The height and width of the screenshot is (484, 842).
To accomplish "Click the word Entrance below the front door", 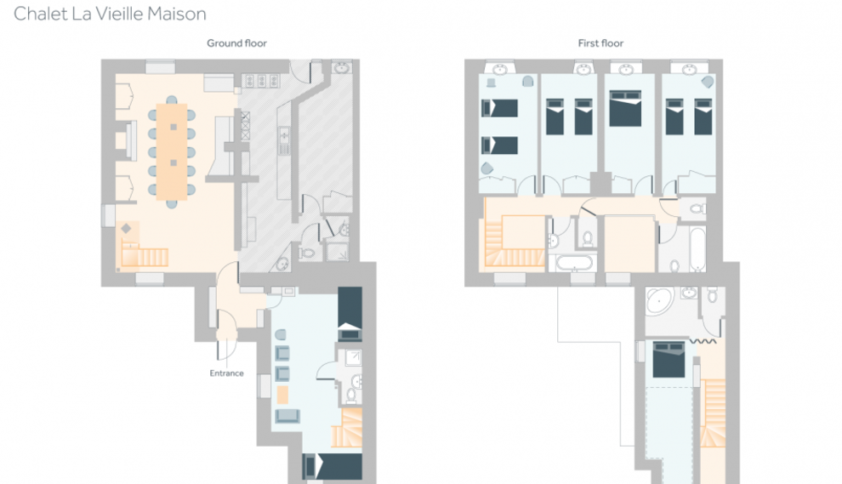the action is coord(226,373).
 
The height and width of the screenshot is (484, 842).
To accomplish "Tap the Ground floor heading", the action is coord(236,43).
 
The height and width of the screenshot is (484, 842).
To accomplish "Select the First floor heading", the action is coord(601,43).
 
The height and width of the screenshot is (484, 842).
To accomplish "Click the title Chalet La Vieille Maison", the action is coord(110,14).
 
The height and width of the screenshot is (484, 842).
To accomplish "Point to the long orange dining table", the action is coord(172,152).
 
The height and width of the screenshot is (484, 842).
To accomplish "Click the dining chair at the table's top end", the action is coord(172,100).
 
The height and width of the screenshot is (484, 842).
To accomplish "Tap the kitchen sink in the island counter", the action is coord(284,140).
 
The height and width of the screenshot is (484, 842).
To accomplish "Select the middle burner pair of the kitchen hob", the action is coord(261,81).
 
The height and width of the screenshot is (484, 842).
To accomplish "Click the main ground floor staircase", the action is coord(144,256).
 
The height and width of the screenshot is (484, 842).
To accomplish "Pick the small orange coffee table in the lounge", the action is coord(282,395).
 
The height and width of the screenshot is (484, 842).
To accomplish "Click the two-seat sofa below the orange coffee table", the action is coord(287,416).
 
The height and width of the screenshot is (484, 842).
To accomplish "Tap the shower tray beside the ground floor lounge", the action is coord(352,356).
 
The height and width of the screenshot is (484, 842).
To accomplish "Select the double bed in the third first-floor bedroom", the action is coord(626,108).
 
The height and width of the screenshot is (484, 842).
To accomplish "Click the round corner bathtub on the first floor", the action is coord(659,301).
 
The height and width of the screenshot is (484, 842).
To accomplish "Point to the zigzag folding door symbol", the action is coord(703,341).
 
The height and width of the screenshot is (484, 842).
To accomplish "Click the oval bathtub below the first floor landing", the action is coord(574,263).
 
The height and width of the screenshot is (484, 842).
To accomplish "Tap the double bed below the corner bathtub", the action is coord(668,359).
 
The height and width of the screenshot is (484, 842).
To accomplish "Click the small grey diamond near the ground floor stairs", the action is coord(126,228).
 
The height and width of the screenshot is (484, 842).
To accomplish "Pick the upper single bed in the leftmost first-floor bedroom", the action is coord(499,108).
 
